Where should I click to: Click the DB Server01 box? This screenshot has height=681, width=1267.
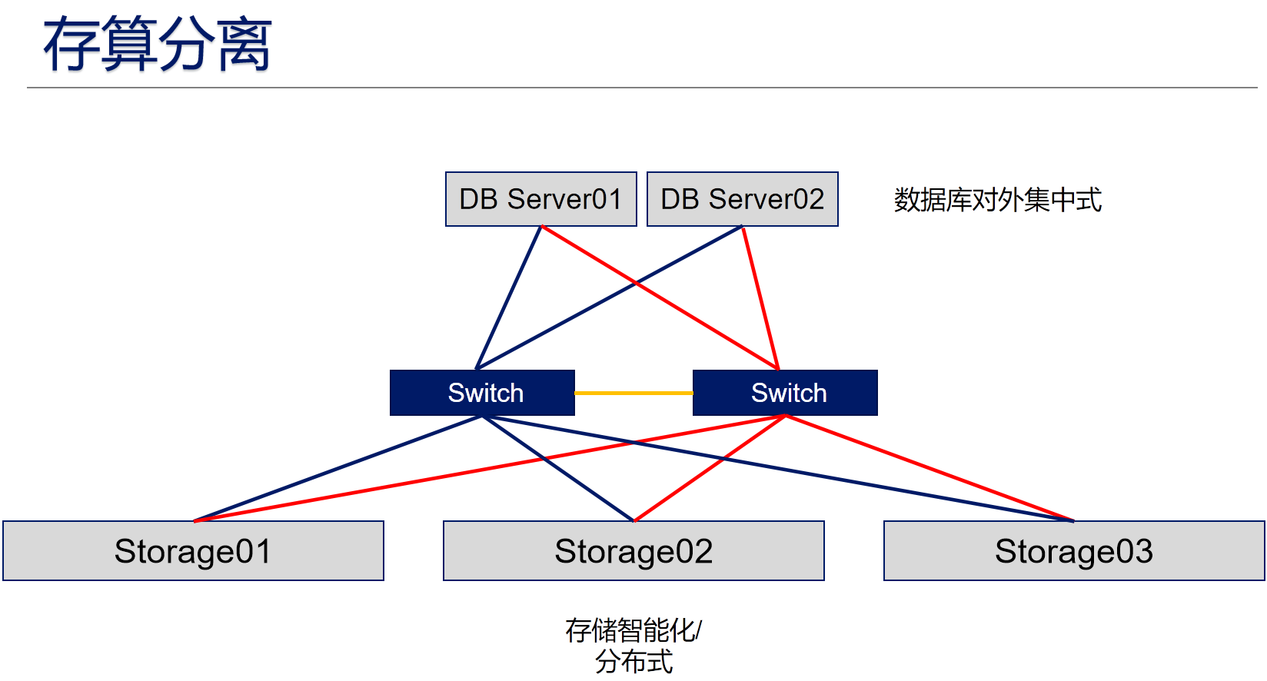pyautogui.click(x=541, y=199)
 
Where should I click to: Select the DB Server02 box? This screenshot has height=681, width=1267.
pyautogui.click(x=743, y=199)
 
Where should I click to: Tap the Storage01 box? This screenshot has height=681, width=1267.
pyautogui.click(x=193, y=551)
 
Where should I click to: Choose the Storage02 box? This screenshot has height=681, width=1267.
pyautogui.click(x=633, y=551)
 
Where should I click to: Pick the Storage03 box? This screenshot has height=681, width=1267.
pyautogui.click(x=1074, y=551)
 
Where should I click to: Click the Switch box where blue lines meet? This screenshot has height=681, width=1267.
pyautogui.click(x=482, y=393)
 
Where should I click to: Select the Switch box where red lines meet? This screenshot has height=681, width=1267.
pyautogui.click(x=785, y=393)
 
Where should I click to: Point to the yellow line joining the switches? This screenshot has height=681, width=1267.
pyautogui.click(x=633, y=393)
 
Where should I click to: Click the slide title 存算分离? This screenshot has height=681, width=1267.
pyautogui.click(x=158, y=45)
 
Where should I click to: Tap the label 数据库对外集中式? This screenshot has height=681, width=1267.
pyautogui.click(x=998, y=200)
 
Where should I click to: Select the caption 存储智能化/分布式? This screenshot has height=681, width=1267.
pyautogui.click(x=633, y=645)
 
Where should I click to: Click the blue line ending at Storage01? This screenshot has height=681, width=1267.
pyautogui.click(x=338, y=469)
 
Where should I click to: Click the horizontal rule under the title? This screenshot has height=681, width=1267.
pyautogui.click(x=642, y=88)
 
